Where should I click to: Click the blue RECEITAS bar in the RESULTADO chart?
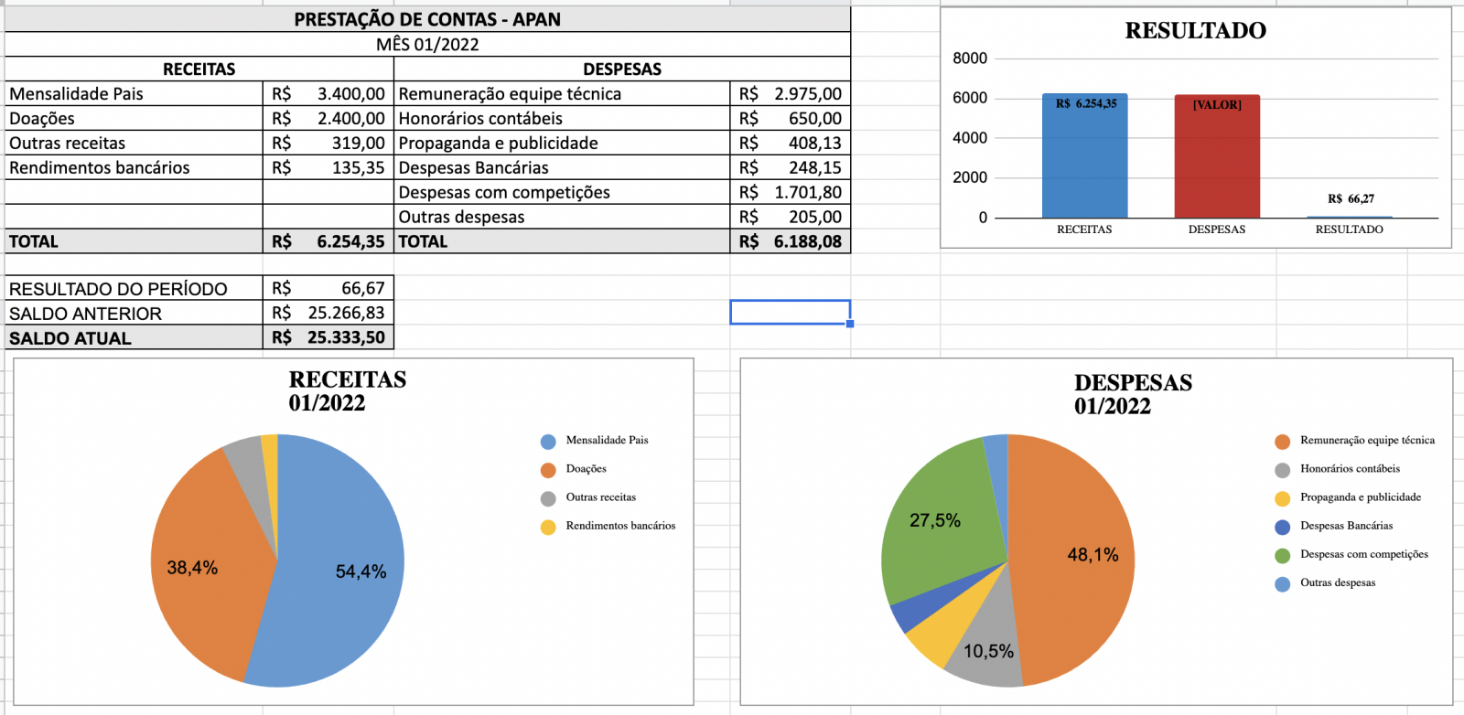pyautogui.click(x=1084, y=160)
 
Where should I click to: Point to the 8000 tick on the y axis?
pyautogui.click(x=970, y=59)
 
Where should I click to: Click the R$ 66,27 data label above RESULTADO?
pyautogui.click(x=1351, y=198)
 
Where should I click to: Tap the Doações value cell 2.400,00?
pyautogui.click(x=350, y=119)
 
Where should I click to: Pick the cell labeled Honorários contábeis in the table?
pyautogui.click(x=480, y=119)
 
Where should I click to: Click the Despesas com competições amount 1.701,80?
pyautogui.click(x=807, y=193)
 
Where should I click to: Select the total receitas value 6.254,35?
pyautogui.click(x=350, y=242)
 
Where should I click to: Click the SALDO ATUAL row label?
pyautogui.click(x=70, y=338)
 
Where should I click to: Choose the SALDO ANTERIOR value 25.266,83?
pyautogui.click(x=346, y=314)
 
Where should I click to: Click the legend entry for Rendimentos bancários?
pyautogui.click(x=619, y=526)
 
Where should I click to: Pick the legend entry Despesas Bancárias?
pyautogui.click(x=1345, y=526)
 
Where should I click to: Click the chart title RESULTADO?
pyautogui.click(x=1195, y=31)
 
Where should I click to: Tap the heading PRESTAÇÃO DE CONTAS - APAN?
pyautogui.click(x=427, y=19)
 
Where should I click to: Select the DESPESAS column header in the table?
pyautogui.click(x=622, y=69)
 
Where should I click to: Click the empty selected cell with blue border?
pyautogui.click(x=790, y=313)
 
